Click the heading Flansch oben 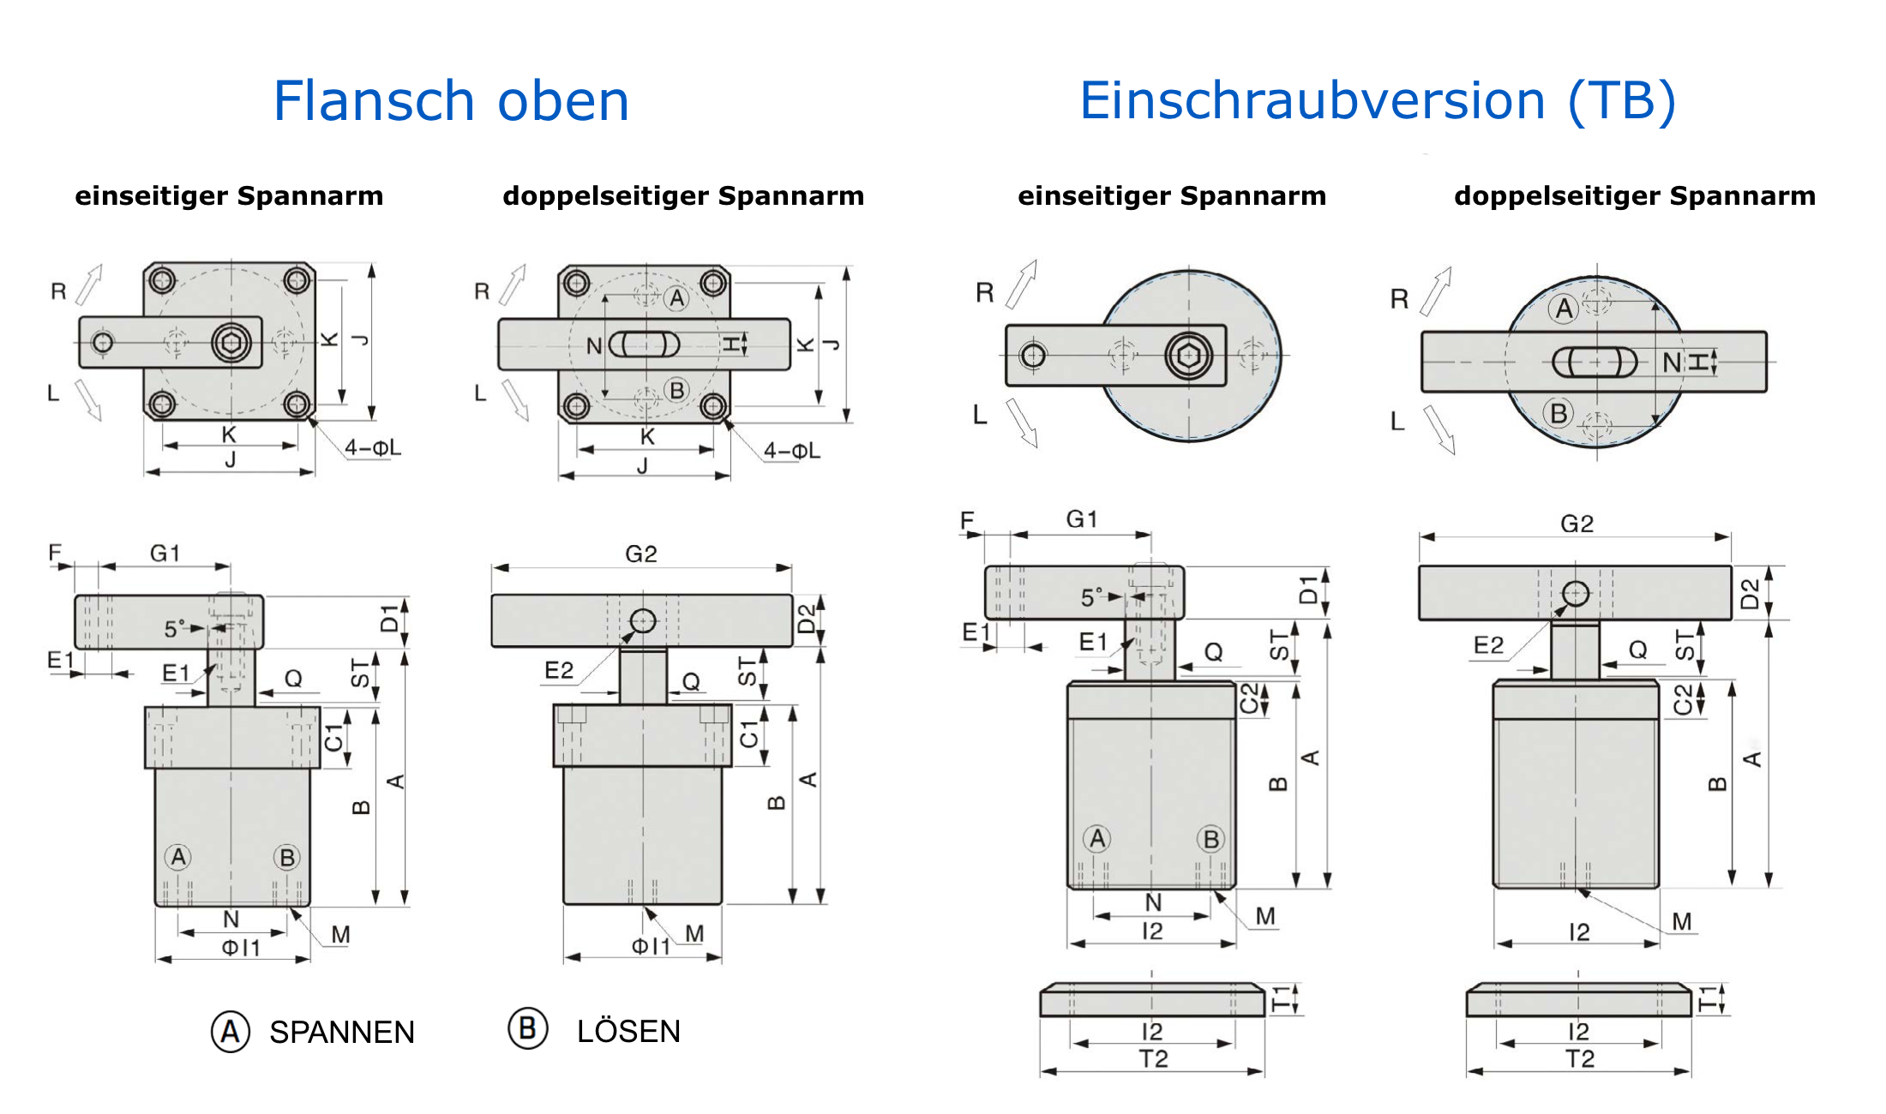pos(451,101)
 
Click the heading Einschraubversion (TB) pos(1377,101)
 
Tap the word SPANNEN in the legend pos(341,1032)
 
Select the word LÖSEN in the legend pos(628,1031)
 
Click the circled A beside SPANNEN pos(231,1031)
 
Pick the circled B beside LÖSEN pos(527,1028)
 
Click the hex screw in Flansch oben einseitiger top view pos(231,343)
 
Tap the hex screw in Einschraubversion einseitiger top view pos(1188,355)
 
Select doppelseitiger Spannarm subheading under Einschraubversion pos(1634,196)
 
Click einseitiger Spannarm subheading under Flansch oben pos(229,196)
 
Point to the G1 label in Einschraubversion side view pos(1081,519)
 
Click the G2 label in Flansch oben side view pos(640,554)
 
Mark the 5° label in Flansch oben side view pos(174,629)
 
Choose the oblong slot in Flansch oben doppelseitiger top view pos(644,344)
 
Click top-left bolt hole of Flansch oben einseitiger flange pos(162,280)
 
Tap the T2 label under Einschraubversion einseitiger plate pos(1153,1059)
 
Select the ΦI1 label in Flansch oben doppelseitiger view pos(651,946)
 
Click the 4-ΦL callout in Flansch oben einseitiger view pos(372,447)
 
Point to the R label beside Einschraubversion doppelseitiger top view pos(1399,299)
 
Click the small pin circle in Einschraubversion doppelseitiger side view pos(1576,593)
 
